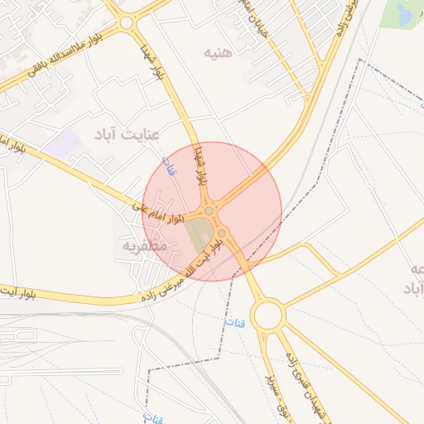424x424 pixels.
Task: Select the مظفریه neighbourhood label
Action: [x=145, y=245]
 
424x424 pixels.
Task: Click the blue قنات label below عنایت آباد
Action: [x=166, y=165]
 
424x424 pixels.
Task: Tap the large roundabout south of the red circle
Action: [x=268, y=316]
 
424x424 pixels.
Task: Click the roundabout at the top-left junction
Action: [x=126, y=23]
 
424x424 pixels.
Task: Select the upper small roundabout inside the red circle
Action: [x=210, y=212]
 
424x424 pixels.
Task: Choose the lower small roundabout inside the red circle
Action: [x=222, y=233]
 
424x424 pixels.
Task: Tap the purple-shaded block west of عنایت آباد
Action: [x=60, y=143]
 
